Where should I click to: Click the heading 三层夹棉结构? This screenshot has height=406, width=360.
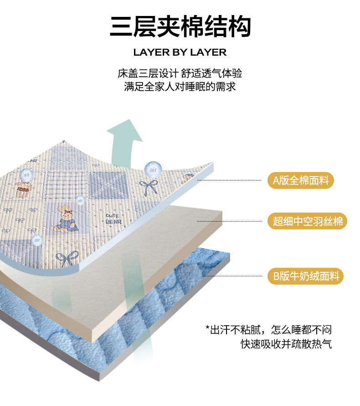pyautogui.click(x=180, y=27)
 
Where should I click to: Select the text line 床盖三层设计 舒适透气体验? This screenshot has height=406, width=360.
pyautogui.click(x=180, y=73)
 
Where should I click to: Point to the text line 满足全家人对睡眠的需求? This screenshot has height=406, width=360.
pyautogui.click(x=180, y=87)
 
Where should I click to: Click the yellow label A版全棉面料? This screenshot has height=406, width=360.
pyautogui.click(x=301, y=180)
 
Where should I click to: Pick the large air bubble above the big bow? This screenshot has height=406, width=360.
pyautogui.click(x=153, y=169)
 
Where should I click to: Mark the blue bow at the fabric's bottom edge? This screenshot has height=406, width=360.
pyautogui.click(x=67, y=260)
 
